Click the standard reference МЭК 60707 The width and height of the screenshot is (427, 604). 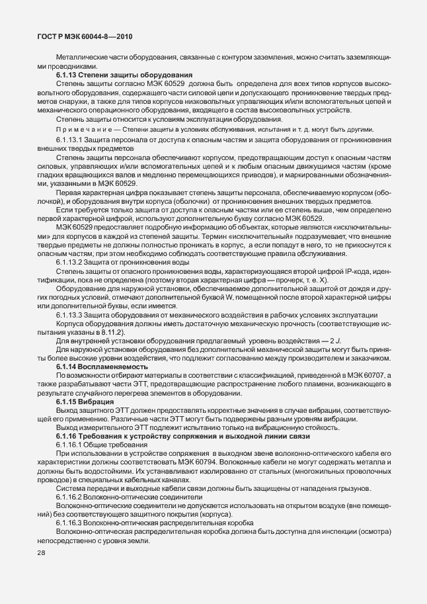374,374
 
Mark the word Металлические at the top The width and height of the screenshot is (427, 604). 81,58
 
